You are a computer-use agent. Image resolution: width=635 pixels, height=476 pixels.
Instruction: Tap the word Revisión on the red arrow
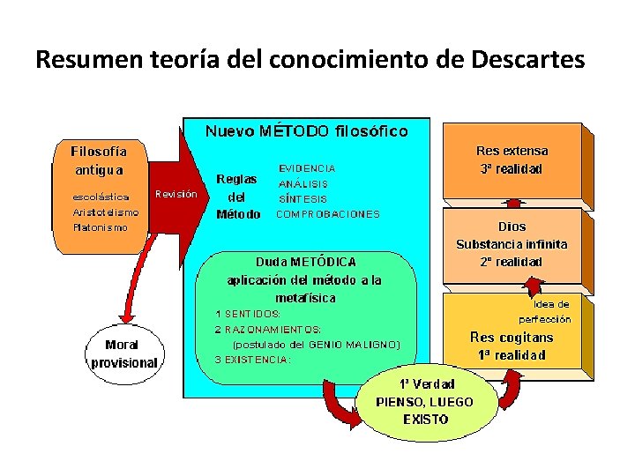coord(176,194)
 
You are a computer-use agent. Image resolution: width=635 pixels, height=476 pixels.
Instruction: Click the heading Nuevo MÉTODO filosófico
coord(306,131)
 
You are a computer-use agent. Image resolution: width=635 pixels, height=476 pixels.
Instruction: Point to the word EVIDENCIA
coord(307,167)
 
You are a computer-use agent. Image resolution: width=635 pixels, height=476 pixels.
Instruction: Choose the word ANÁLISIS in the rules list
coord(303,183)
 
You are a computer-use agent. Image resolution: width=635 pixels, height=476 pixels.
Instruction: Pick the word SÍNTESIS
coord(303,198)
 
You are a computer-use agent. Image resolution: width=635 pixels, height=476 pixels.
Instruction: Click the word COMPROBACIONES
coord(328,213)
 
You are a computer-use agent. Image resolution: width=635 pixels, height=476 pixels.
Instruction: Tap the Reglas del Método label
coord(238,196)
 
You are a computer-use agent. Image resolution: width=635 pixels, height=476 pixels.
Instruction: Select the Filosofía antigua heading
coord(99,160)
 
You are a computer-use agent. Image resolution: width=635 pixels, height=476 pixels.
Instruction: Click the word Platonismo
coord(100,227)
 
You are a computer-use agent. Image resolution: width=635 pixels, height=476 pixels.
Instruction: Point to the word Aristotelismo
coord(106,212)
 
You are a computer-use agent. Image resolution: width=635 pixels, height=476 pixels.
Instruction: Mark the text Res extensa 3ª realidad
coord(512,160)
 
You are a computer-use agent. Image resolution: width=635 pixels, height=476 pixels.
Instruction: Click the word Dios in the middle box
coord(512,227)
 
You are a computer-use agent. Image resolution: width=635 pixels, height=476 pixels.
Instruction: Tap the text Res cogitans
coord(512,337)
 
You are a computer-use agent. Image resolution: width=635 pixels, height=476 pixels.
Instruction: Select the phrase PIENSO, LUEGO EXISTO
coord(424,410)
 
